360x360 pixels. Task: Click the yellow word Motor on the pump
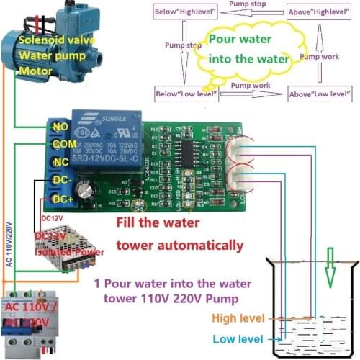(x=37, y=72)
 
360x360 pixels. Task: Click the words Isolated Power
(x=69, y=252)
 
